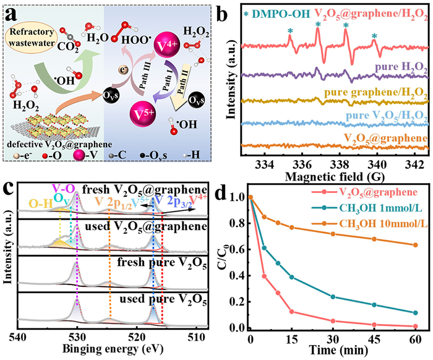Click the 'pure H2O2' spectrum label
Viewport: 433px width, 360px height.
coord(397,64)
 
